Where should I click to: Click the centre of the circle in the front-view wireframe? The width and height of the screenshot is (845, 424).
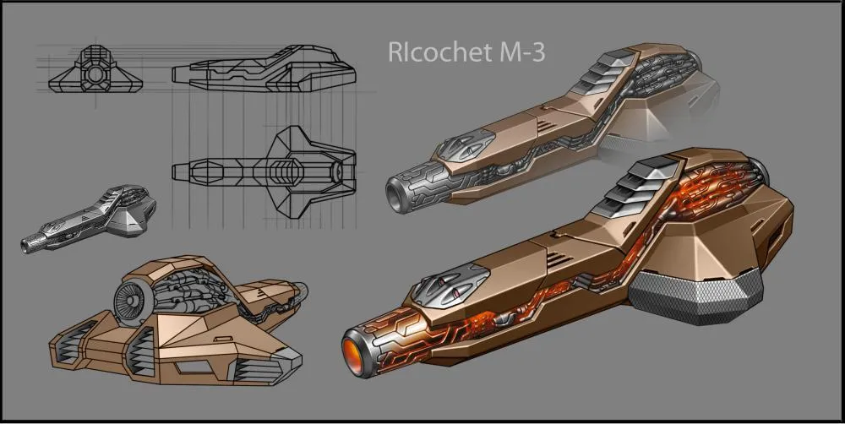coord(95,74)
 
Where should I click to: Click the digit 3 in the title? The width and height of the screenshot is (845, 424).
coord(537,53)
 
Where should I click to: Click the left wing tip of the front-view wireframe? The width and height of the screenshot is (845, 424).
coord(49,85)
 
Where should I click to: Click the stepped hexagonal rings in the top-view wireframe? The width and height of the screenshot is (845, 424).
coord(286,171)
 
